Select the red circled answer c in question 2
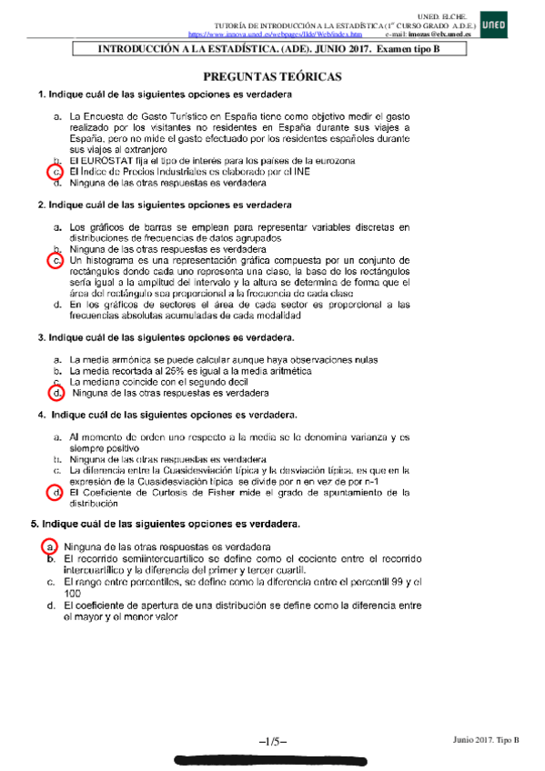(x=56, y=260)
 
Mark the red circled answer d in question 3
(x=56, y=394)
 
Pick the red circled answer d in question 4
(x=56, y=494)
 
